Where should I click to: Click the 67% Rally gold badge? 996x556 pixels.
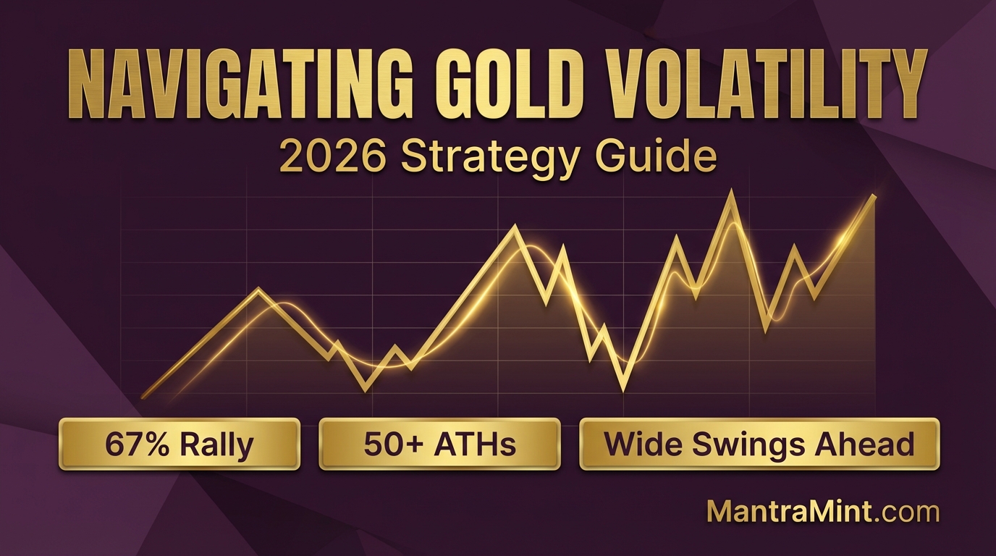coord(180,444)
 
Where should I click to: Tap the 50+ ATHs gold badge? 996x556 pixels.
coord(439,444)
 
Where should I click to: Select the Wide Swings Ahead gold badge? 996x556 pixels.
coord(759,444)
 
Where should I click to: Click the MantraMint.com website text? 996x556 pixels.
coord(822,512)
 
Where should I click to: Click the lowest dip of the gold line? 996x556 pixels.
coord(623,389)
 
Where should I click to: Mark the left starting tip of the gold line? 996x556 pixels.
coord(144,396)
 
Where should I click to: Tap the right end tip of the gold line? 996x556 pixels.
coord(874,196)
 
